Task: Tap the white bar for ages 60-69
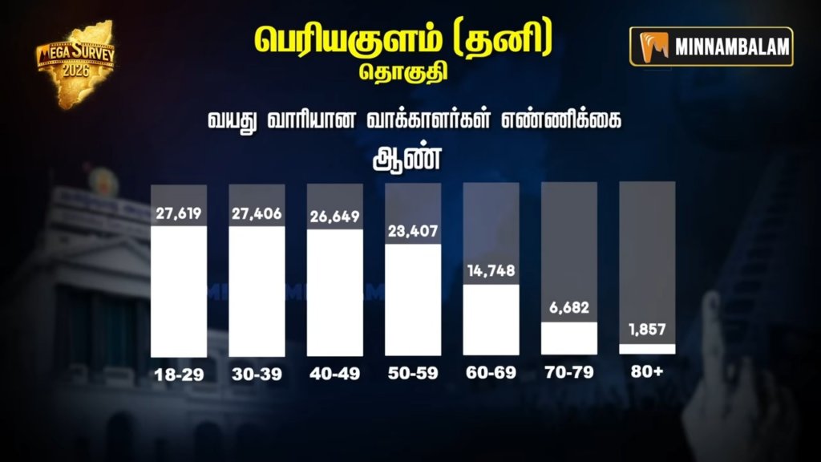(x=491, y=319)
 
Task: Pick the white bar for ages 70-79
(x=569, y=338)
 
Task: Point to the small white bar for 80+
(x=647, y=349)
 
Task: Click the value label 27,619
(x=179, y=214)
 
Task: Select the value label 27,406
(x=257, y=214)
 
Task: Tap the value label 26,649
(x=335, y=217)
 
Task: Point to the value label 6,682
(x=569, y=309)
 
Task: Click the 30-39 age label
(x=257, y=374)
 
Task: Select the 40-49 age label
(x=335, y=374)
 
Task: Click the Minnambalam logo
(x=711, y=47)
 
